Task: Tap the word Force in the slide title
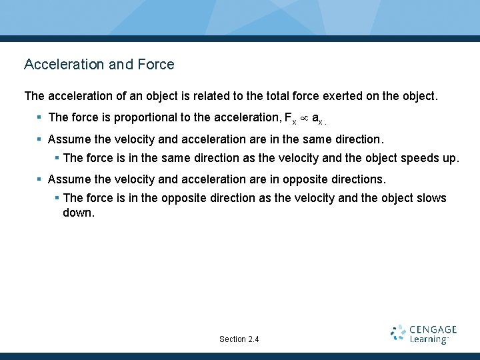tap(156, 65)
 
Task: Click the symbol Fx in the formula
tap(290, 119)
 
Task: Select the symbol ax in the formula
tap(317, 119)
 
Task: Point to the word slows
tap(431, 198)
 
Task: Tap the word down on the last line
tap(79, 213)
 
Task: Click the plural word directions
tap(360, 180)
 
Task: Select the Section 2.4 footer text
tap(239, 339)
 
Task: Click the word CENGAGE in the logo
tap(433, 329)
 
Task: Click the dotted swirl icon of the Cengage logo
tap(399, 333)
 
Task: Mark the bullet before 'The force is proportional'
tap(40, 118)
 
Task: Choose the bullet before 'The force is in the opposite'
tap(57, 198)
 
